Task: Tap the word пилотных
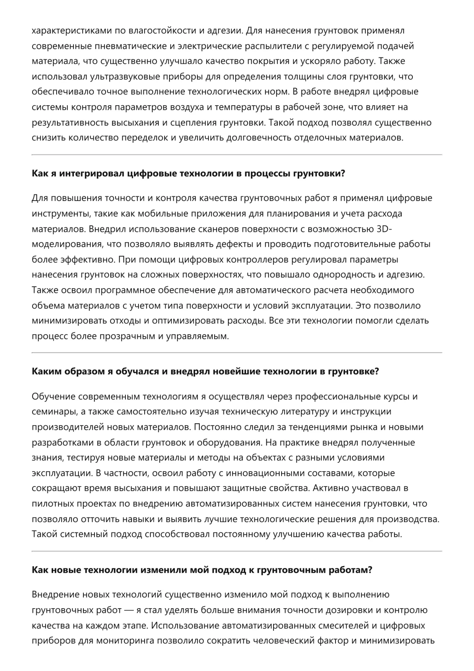click(x=52, y=504)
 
